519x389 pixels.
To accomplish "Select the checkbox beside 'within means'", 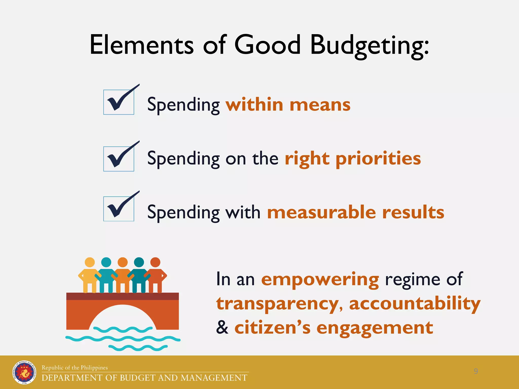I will tap(119, 102).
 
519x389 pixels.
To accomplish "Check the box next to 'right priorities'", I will tap(119, 159).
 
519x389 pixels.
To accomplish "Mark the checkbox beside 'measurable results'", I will tap(119, 209).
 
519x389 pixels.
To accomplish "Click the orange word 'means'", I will tap(320, 105).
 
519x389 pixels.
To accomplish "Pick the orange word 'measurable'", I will tap(322, 212).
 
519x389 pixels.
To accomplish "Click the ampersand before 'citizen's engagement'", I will tap(222, 327).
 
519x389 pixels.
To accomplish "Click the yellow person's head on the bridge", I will tap(90, 262).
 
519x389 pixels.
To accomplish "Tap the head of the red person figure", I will tap(155, 262).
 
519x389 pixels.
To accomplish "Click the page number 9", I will tap(476, 371).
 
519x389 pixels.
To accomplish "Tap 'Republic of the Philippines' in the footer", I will tap(75, 367).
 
